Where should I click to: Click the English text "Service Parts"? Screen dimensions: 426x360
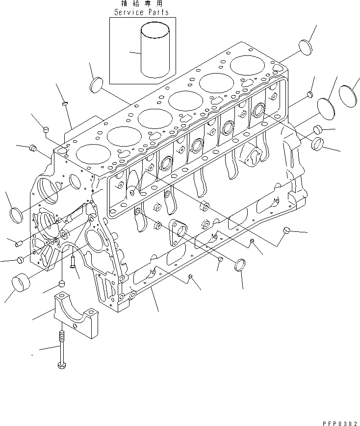coord(141,12)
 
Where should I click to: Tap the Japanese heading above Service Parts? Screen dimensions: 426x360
coord(141,4)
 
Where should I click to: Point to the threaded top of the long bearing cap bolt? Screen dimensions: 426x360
coord(61,338)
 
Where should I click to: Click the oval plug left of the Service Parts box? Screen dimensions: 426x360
coord(96,84)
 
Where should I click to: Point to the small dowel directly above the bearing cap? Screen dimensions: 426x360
coord(62,284)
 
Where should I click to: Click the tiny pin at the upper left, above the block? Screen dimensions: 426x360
coord(64,103)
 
